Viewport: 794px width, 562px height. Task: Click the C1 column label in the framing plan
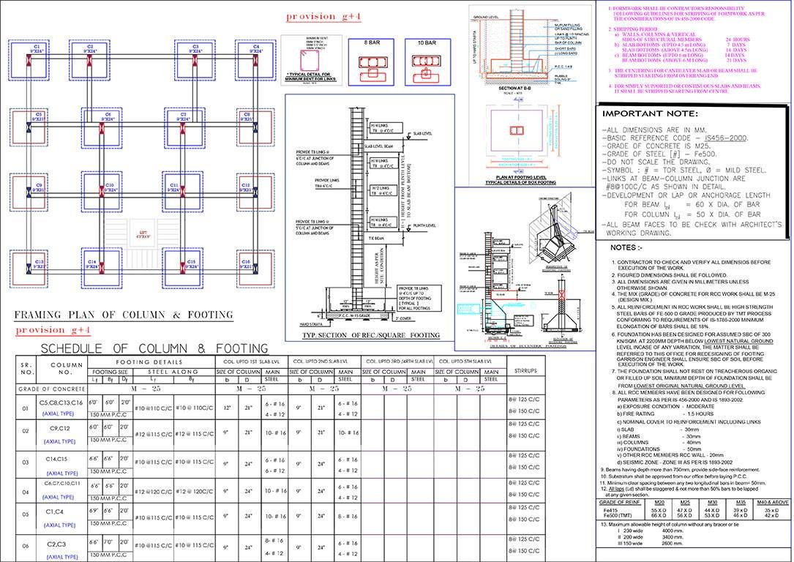pos(36,47)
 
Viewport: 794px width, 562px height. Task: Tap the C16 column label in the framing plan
pos(246,261)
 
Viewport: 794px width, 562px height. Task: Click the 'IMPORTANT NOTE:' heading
pos(645,114)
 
